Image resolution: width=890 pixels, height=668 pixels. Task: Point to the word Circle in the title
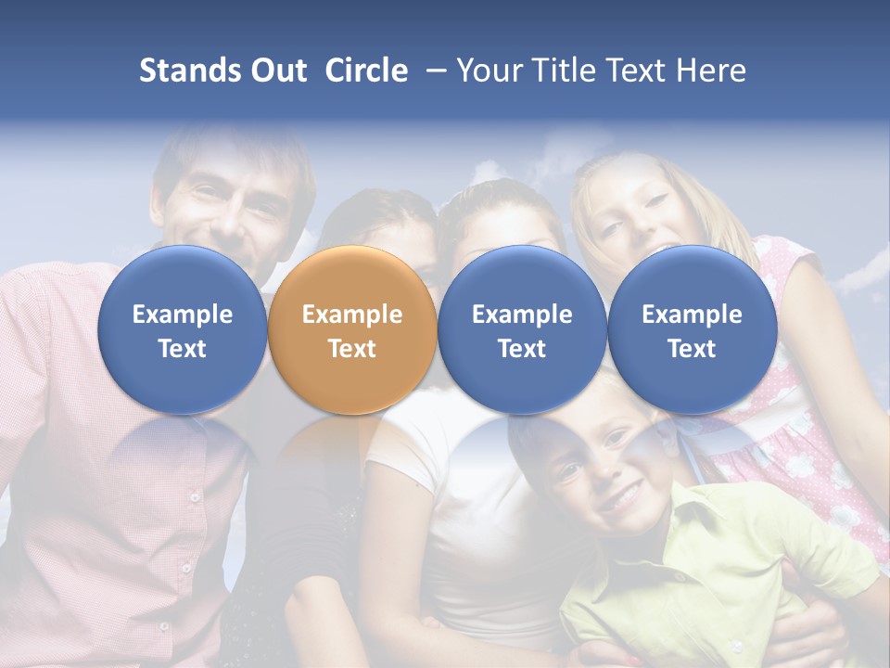click(366, 71)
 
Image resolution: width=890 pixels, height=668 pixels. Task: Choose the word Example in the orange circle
click(352, 315)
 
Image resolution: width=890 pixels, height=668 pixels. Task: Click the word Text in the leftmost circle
click(183, 349)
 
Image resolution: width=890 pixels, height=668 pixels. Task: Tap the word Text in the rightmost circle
click(692, 349)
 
